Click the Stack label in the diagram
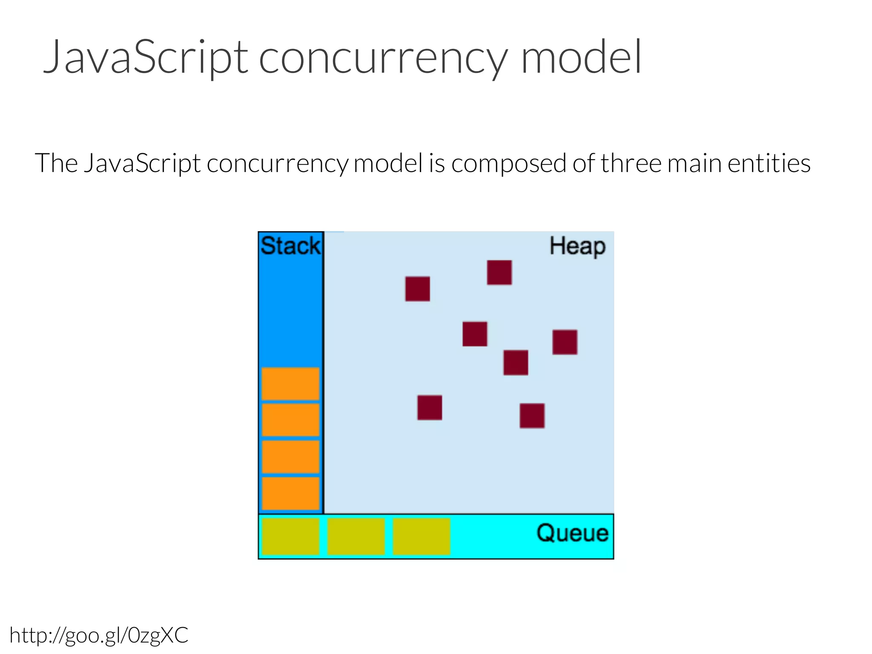[290, 246]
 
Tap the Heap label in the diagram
[577, 247]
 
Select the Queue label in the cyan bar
[572, 533]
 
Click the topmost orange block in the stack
[290, 384]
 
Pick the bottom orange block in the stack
[290, 493]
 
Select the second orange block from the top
[290, 420]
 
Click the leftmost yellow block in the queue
[290, 536]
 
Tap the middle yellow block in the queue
[356, 536]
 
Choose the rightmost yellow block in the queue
[421, 536]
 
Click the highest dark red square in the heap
[499, 272]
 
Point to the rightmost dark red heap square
[565, 342]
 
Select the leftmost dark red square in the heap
[417, 289]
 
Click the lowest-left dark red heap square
[430, 407]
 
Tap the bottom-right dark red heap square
[532, 416]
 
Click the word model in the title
[581, 57]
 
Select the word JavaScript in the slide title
[145, 57]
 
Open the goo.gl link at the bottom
[99, 636]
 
